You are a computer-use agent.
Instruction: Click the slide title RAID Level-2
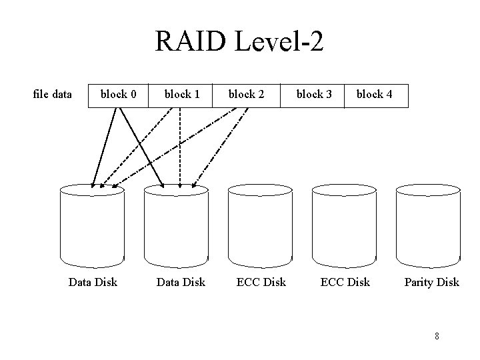[239, 42]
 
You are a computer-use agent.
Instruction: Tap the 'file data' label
[52, 94]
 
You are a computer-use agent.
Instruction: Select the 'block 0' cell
[118, 95]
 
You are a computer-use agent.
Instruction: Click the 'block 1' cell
[182, 95]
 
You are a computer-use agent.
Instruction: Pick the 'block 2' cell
[246, 95]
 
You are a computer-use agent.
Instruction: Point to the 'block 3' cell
[314, 95]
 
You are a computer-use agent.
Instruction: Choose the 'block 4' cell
[374, 95]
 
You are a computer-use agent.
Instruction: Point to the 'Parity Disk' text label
[431, 282]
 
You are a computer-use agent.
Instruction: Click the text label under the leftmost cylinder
[93, 282]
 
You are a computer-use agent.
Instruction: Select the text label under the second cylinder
[180, 282]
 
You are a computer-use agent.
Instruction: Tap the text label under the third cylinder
[261, 282]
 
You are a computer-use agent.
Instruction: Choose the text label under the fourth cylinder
[345, 282]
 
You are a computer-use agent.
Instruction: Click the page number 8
[437, 335]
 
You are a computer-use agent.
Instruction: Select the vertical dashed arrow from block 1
[180, 147]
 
